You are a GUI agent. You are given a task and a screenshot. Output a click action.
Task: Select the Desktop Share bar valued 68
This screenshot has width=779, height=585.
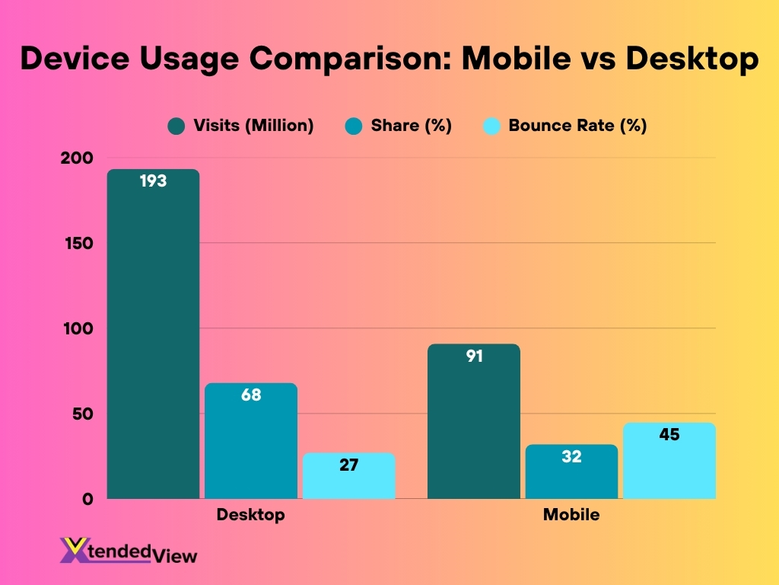pyautogui.click(x=251, y=441)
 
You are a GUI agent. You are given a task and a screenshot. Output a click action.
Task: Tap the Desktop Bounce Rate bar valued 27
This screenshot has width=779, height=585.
pyautogui.click(x=348, y=476)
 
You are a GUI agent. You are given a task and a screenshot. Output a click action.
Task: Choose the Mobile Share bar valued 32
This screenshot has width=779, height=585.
pyautogui.click(x=571, y=472)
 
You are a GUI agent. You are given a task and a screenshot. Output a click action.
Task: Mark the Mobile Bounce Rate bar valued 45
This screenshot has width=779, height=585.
pyautogui.click(x=669, y=460)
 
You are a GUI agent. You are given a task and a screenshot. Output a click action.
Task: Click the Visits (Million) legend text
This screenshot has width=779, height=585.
pyautogui.click(x=253, y=126)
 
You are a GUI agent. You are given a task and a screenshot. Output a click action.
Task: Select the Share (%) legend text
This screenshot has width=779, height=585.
pyautogui.click(x=411, y=126)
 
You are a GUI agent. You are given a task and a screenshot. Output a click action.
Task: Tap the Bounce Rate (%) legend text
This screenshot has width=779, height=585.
pyautogui.click(x=577, y=126)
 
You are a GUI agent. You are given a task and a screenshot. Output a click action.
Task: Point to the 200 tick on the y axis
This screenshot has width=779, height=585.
pyautogui.click(x=78, y=158)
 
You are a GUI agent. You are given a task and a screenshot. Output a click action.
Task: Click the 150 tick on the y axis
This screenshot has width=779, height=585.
pyautogui.click(x=78, y=244)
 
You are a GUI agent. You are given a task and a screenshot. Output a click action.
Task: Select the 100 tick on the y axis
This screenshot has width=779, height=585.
pyautogui.click(x=78, y=329)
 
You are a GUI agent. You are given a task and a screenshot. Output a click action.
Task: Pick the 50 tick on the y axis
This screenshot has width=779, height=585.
pyautogui.click(x=82, y=414)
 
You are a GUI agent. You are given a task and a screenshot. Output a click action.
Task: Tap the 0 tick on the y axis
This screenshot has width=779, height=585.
pyautogui.click(x=87, y=500)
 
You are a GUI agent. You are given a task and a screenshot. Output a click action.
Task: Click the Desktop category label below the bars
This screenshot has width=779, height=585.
pyautogui.click(x=250, y=515)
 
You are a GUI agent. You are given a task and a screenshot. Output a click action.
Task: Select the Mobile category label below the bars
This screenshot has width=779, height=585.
pyautogui.click(x=571, y=515)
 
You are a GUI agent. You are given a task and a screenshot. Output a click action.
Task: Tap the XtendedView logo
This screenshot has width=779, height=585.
pyautogui.click(x=129, y=551)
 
